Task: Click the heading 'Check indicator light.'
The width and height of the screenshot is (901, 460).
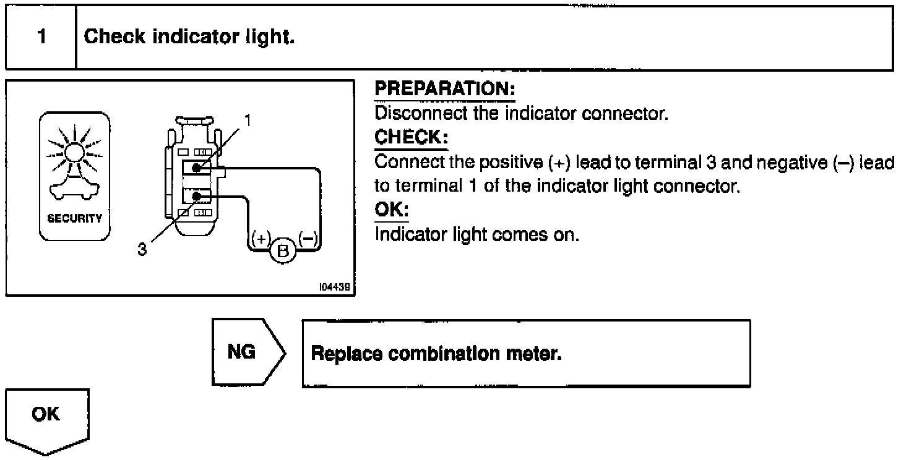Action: click(189, 37)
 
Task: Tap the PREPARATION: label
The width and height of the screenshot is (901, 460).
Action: click(445, 90)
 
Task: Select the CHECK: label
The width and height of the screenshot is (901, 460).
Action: click(411, 137)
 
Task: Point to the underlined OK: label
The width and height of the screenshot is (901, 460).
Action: click(392, 211)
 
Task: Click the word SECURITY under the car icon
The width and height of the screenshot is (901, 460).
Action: click(75, 219)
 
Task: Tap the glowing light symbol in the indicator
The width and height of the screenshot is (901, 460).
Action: click(74, 150)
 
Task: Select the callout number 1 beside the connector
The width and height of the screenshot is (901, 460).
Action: click(247, 120)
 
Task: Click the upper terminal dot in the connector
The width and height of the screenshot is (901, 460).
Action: click(197, 168)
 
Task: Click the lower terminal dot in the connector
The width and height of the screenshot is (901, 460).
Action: click(197, 197)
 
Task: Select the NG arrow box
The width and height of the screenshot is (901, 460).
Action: click(246, 353)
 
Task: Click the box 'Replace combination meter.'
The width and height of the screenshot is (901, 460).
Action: click(526, 354)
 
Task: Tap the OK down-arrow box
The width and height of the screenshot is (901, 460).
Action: click(47, 420)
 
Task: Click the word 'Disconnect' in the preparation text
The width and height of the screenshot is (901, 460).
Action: click(408, 114)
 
